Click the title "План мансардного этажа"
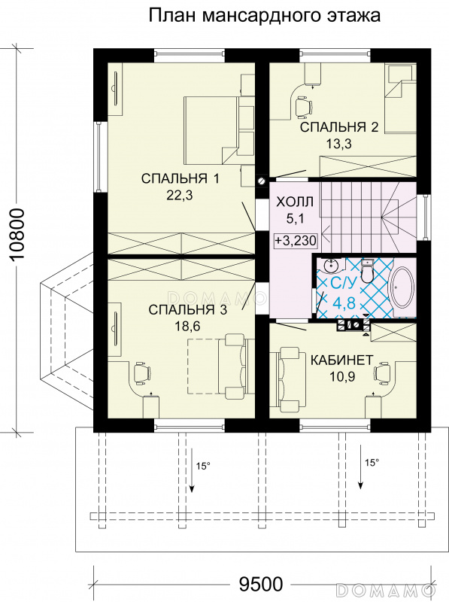(x=264, y=16)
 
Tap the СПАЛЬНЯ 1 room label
(x=180, y=178)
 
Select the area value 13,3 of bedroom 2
(x=339, y=144)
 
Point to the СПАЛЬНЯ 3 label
(x=188, y=309)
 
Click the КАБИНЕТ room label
(x=341, y=360)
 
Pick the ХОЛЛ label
(x=295, y=202)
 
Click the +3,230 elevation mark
(x=296, y=241)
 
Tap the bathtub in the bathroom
(x=402, y=287)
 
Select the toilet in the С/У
(x=368, y=272)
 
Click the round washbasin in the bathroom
(x=329, y=265)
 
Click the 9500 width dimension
(x=261, y=585)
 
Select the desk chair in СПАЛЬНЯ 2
(x=303, y=105)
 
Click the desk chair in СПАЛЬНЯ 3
(x=142, y=373)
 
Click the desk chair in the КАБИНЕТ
(x=382, y=373)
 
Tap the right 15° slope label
(x=372, y=463)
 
